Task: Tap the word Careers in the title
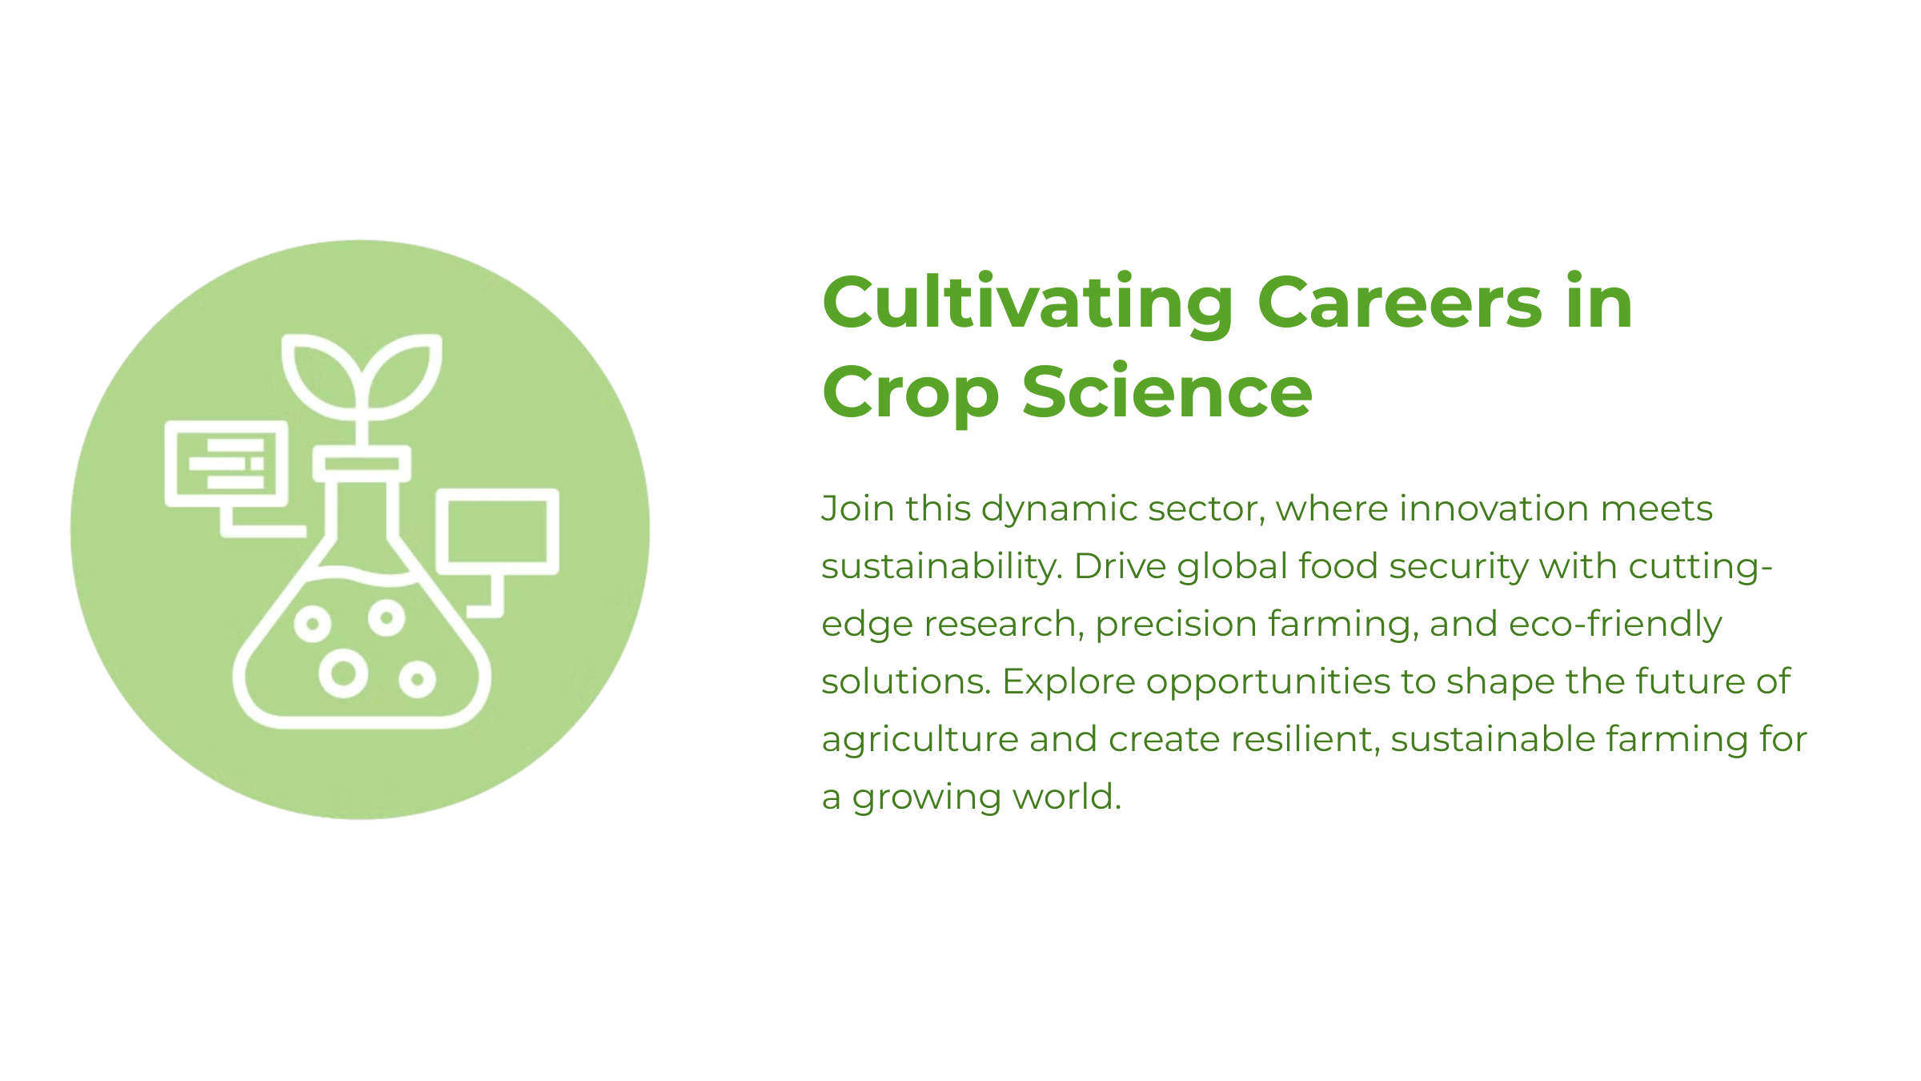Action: (1400, 302)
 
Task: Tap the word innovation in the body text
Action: (1494, 508)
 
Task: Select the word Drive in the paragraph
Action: (1120, 566)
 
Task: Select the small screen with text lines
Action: (227, 464)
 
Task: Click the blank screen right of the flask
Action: (497, 532)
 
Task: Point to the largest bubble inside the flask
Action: (343, 673)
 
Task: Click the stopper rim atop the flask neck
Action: (362, 464)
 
